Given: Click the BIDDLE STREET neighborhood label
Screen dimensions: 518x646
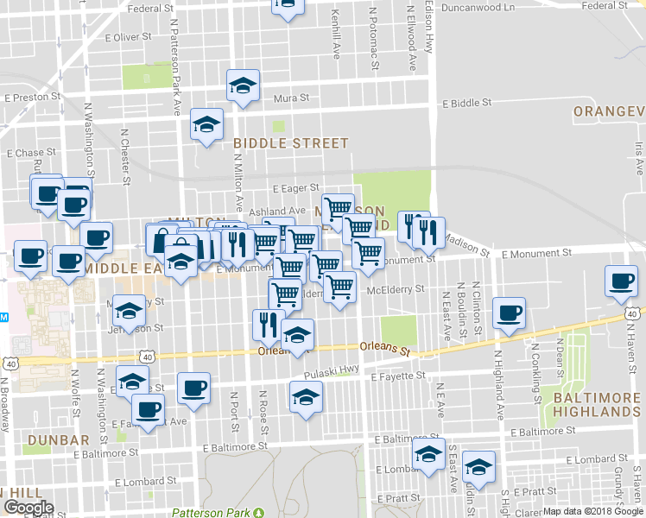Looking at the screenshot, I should point(290,143).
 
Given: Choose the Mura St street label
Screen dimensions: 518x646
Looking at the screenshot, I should point(291,98).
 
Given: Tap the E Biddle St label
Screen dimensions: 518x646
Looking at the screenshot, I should point(466,102).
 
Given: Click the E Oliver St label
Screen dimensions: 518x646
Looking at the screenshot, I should point(127,37).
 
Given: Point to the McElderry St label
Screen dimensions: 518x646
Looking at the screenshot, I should point(396,289).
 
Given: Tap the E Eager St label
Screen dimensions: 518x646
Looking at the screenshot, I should point(295,187).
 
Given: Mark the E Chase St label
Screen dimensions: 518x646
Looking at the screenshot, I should point(30,153).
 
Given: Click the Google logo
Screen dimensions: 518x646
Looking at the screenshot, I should point(28,508).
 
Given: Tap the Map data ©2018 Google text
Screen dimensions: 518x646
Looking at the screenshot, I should point(592,511).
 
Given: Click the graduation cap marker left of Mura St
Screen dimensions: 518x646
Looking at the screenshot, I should point(243,85).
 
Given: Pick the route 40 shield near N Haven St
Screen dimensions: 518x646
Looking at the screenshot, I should point(634,315).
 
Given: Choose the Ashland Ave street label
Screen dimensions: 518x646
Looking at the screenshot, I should point(277,211).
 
